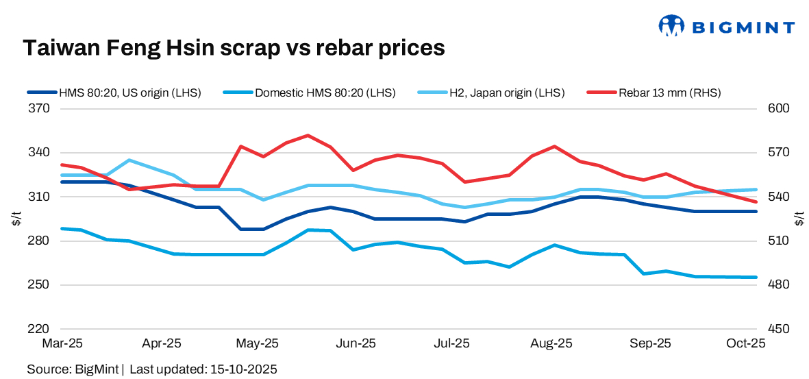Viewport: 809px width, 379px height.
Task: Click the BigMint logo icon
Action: point(671,26)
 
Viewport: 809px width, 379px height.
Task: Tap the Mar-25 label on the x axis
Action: point(62,343)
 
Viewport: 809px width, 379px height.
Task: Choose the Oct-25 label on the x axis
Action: point(746,343)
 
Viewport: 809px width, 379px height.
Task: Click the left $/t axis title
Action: point(15,219)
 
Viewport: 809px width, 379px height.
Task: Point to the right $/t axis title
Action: point(799,219)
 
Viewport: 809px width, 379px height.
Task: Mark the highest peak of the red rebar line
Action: point(308,135)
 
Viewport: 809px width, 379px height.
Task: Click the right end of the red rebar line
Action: point(756,201)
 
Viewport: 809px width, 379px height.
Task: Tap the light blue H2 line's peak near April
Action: point(129,160)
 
